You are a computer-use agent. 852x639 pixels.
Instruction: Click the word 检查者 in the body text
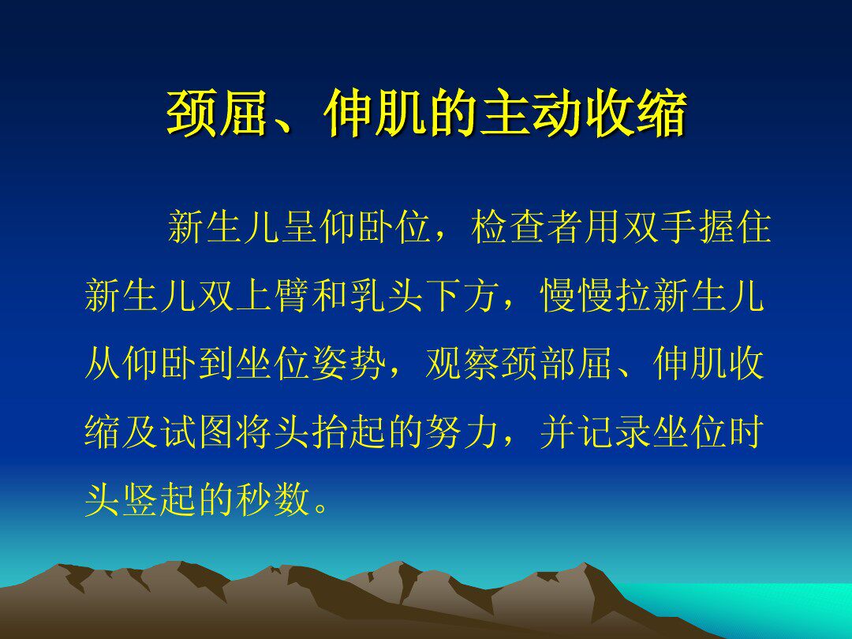(528, 226)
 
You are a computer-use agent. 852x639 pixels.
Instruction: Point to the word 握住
(734, 226)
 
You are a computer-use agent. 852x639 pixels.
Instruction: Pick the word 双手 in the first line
(660, 226)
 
